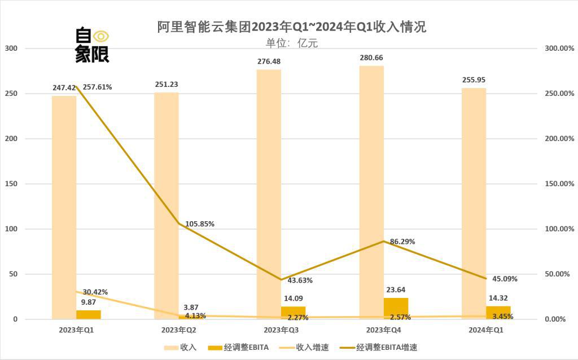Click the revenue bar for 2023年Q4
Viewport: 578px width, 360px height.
click(x=371, y=192)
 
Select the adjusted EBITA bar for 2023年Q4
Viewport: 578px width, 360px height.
click(x=396, y=308)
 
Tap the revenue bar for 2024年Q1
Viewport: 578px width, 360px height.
click(x=474, y=203)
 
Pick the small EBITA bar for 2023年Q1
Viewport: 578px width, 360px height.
click(x=89, y=314)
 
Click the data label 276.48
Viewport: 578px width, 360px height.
click(x=269, y=62)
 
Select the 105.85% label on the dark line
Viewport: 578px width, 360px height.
click(x=199, y=223)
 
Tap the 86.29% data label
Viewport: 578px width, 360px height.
click(x=402, y=242)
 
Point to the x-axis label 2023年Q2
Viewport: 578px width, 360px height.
click(x=178, y=330)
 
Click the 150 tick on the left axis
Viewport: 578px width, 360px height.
click(x=12, y=184)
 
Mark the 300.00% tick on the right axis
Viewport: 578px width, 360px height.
click(x=559, y=49)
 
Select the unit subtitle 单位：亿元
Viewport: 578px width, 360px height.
click(x=292, y=43)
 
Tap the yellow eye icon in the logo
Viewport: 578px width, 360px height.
click(x=101, y=36)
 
